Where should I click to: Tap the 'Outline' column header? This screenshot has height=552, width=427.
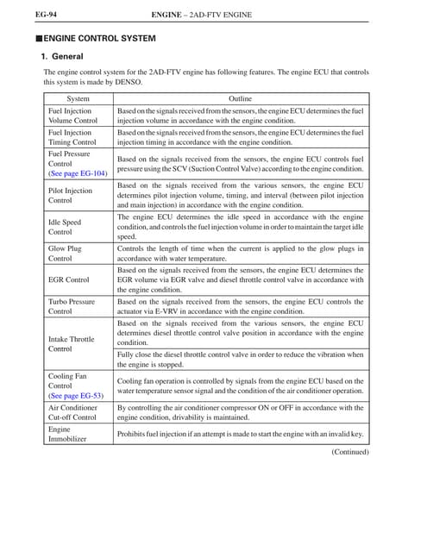[240, 99]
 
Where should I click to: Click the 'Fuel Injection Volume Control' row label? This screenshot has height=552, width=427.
[70, 116]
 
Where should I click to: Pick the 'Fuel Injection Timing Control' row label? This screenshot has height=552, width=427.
[70, 138]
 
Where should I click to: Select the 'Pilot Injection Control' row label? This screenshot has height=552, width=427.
[70, 195]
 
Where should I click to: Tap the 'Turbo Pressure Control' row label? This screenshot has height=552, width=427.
[72, 306]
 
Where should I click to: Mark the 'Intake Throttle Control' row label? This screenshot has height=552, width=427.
[72, 345]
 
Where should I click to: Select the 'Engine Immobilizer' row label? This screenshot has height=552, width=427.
[68, 434]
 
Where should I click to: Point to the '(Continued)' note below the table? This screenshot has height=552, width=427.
[350, 452]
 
